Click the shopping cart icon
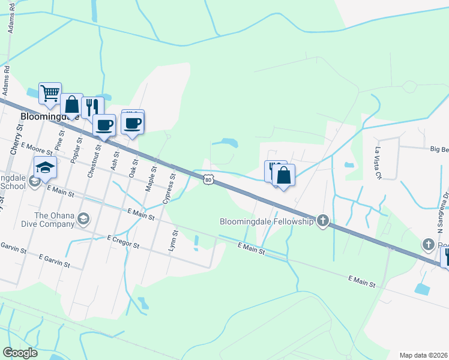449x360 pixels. (x=50, y=93)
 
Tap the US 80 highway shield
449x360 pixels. (x=208, y=179)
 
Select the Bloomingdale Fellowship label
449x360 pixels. (x=267, y=222)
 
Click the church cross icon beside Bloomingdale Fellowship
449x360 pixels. (x=323, y=221)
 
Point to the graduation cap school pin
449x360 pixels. (x=45, y=169)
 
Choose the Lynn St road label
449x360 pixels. (x=174, y=242)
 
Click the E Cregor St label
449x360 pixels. (x=123, y=243)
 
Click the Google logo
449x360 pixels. (x=20, y=353)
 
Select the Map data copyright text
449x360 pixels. (x=423, y=355)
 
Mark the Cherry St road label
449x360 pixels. (x=15, y=140)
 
